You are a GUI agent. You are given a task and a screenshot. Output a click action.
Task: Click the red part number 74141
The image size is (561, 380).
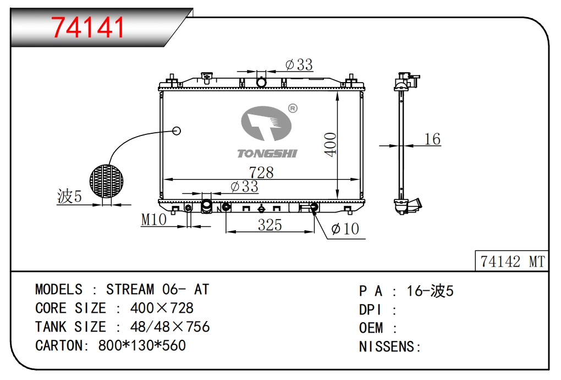[88, 27]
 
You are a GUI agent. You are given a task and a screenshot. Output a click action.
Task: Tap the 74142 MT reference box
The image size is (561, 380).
[512, 262]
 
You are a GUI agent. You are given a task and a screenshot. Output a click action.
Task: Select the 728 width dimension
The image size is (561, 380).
[261, 172]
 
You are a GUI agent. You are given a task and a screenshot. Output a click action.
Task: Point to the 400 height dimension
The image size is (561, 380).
[331, 144]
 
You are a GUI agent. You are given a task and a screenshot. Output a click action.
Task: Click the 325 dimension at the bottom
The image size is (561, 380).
[269, 225]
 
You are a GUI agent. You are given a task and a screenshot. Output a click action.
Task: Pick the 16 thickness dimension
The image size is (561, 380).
[433, 139]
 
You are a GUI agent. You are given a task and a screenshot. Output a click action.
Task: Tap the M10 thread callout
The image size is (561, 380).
[154, 220]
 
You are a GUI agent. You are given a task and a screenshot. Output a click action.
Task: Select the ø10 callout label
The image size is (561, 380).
[345, 229]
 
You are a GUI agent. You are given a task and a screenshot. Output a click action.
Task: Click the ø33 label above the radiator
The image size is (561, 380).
[299, 65]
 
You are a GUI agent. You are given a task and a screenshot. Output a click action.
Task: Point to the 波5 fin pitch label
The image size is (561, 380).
[69, 197]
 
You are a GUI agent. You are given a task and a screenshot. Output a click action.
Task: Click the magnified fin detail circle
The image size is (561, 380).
[107, 182]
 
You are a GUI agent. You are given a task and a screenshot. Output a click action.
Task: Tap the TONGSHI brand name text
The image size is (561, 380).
[267, 153]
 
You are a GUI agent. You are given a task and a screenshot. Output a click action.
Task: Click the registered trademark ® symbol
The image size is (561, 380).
[293, 108]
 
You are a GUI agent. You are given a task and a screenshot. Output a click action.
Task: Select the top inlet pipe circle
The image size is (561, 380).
[262, 83]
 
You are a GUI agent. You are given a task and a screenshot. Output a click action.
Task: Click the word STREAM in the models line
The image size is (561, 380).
[130, 290]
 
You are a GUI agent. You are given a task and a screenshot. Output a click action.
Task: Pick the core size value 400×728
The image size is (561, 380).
[162, 308]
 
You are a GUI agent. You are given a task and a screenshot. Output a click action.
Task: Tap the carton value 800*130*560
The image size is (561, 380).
[142, 345]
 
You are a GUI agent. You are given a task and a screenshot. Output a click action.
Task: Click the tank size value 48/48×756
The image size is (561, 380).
[170, 327]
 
